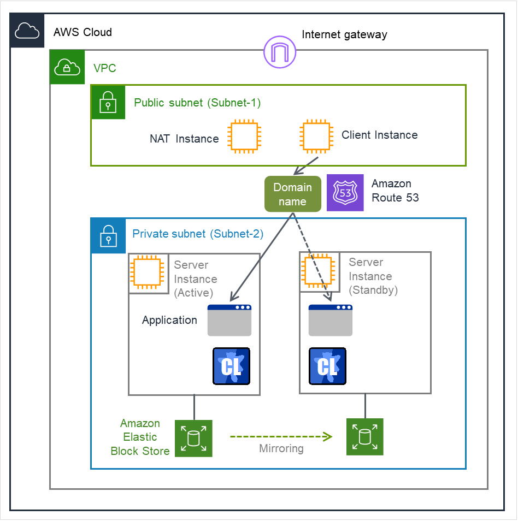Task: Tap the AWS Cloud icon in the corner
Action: [x=27, y=31]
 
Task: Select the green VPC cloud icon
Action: [x=67, y=67]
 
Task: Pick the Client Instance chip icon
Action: [x=316, y=136]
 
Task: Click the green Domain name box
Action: [x=293, y=194]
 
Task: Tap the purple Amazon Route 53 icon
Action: [x=345, y=193]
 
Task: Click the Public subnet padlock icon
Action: [x=108, y=102]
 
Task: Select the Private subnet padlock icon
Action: [x=108, y=236]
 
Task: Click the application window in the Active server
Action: [x=229, y=321]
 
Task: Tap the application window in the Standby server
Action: [x=331, y=321]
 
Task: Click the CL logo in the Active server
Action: [x=231, y=366]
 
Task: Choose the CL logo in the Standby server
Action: [x=327, y=366]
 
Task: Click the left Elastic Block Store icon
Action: [x=193, y=438]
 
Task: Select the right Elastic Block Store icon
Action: [x=365, y=436]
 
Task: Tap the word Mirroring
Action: [x=281, y=449]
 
